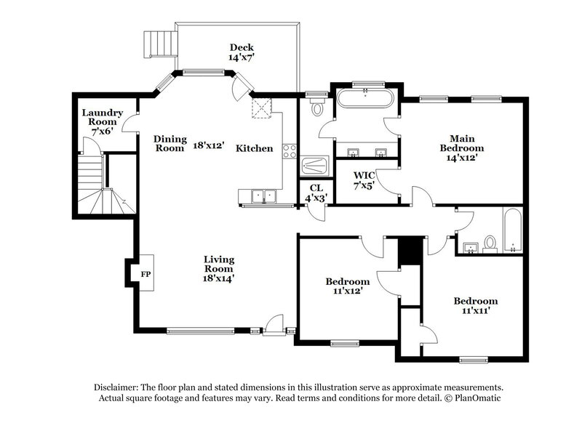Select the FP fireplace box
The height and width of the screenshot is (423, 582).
point(145,274)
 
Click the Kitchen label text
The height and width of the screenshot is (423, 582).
point(255,148)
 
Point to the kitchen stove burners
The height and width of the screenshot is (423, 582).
point(289,152)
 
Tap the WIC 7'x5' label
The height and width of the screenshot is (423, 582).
point(364,180)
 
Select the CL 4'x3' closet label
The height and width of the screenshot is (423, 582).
point(315,192)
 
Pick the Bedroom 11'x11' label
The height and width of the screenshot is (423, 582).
point(475,306)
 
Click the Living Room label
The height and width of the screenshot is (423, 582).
point(218,267)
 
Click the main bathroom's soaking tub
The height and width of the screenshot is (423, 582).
point(364,99)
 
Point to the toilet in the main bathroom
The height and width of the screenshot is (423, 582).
point(316,110)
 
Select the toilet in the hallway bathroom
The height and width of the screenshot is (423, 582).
point(490,242)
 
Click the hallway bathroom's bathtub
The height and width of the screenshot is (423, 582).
point(512,230)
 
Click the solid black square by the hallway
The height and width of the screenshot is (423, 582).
point(411,251)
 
